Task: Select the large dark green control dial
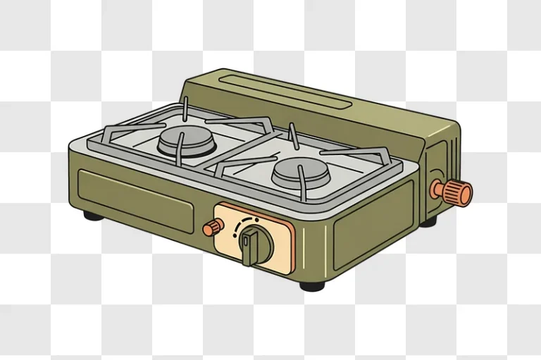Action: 254,244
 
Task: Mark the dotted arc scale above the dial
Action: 248,222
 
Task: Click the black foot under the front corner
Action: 312,285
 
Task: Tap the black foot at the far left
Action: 93,214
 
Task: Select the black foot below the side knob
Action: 428,221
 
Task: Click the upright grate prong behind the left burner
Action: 185,108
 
